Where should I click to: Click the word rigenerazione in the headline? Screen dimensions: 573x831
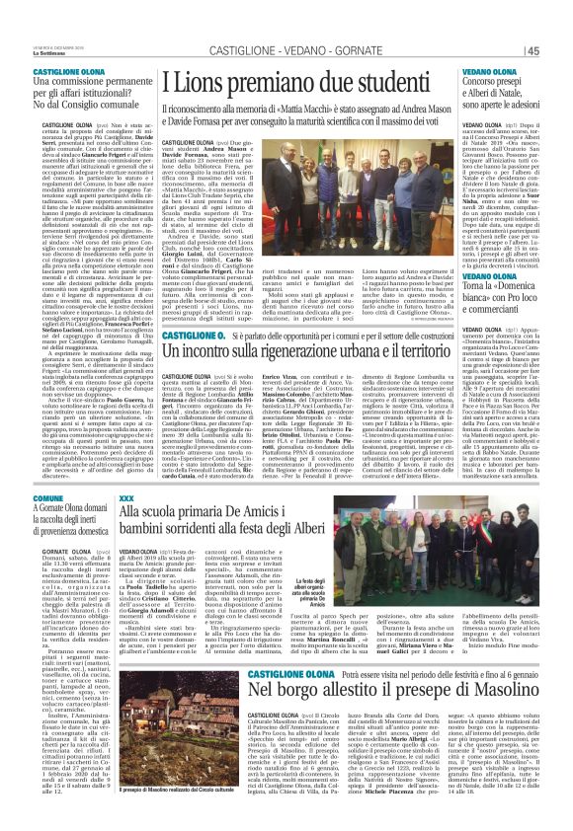[x=300, y=352]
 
